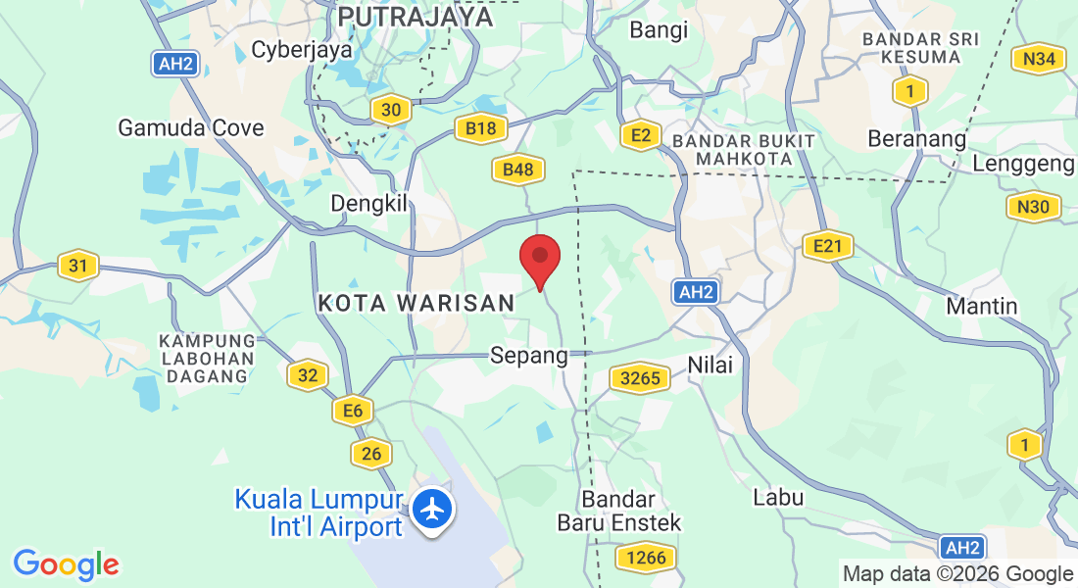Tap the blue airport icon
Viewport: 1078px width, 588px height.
click(431, 510)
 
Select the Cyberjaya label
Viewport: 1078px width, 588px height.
click(302, 49)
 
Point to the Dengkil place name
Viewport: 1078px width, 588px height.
click(367, 203)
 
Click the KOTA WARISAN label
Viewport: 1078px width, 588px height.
click(416, 304)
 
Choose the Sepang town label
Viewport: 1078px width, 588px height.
click(529, 355)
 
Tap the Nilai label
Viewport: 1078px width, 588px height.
click(710, 364)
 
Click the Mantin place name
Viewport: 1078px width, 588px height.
click(982, 306)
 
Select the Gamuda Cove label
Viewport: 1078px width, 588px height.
click(191, 127)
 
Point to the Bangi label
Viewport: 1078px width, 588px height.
click(659, 29)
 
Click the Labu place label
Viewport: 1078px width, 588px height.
click(778, 497)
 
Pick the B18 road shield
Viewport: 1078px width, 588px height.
click(480, 127)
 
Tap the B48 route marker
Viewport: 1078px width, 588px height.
click(517, 171)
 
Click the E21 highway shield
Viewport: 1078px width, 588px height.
click(827, 246)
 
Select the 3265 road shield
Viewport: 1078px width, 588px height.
click(640, 378)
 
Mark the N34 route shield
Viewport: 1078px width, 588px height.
click(1038, 59)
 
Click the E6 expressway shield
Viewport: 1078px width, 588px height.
click(353, 411)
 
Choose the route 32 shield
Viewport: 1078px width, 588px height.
click(307, 374)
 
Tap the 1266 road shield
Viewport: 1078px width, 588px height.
click(644, 559)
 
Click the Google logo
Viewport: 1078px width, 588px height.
click(66, 564)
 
